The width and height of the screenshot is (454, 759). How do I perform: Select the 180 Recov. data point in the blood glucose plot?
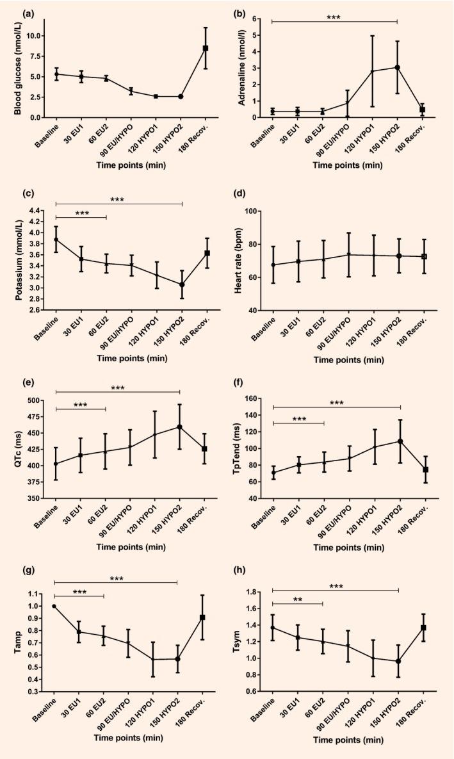coord(206,48)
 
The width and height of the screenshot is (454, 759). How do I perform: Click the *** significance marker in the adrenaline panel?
coord(334,16)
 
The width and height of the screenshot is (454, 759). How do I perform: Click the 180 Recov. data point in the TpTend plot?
coord(424,469)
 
